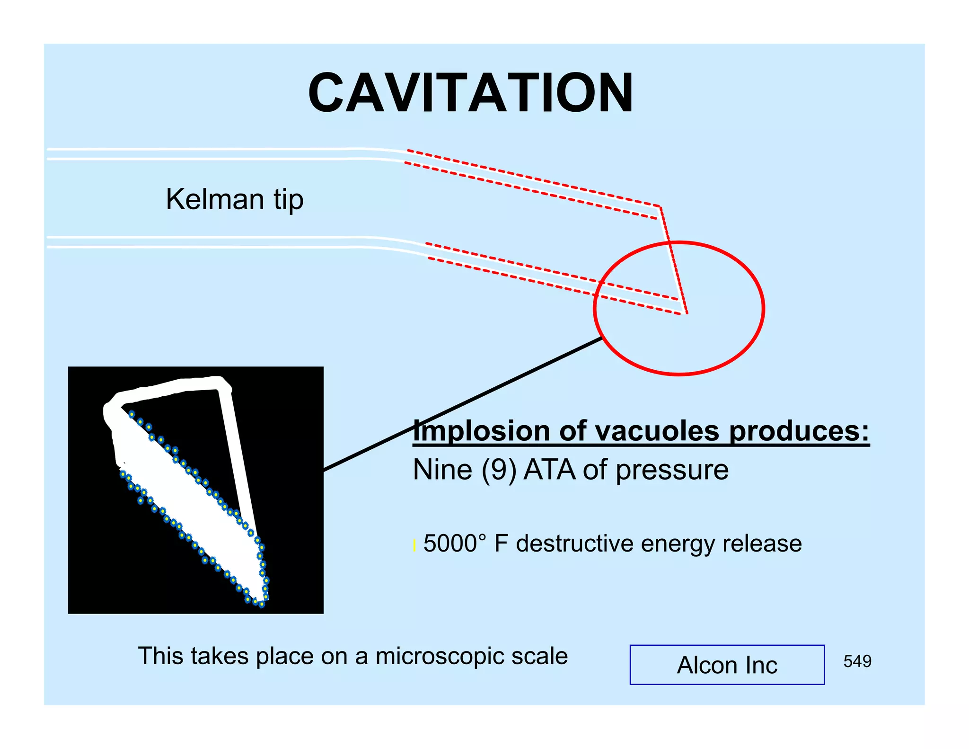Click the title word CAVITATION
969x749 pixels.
tap(470, 93)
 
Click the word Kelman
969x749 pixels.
tap(215, 199)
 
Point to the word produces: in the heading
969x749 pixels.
tap(799, 431)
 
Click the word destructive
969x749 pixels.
tap(574, 544)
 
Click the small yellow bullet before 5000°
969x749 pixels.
tap(414, 545)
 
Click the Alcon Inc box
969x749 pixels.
tap(727, 665)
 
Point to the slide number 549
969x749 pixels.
tap(857, 661)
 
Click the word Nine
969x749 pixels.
tap(443, 470)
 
